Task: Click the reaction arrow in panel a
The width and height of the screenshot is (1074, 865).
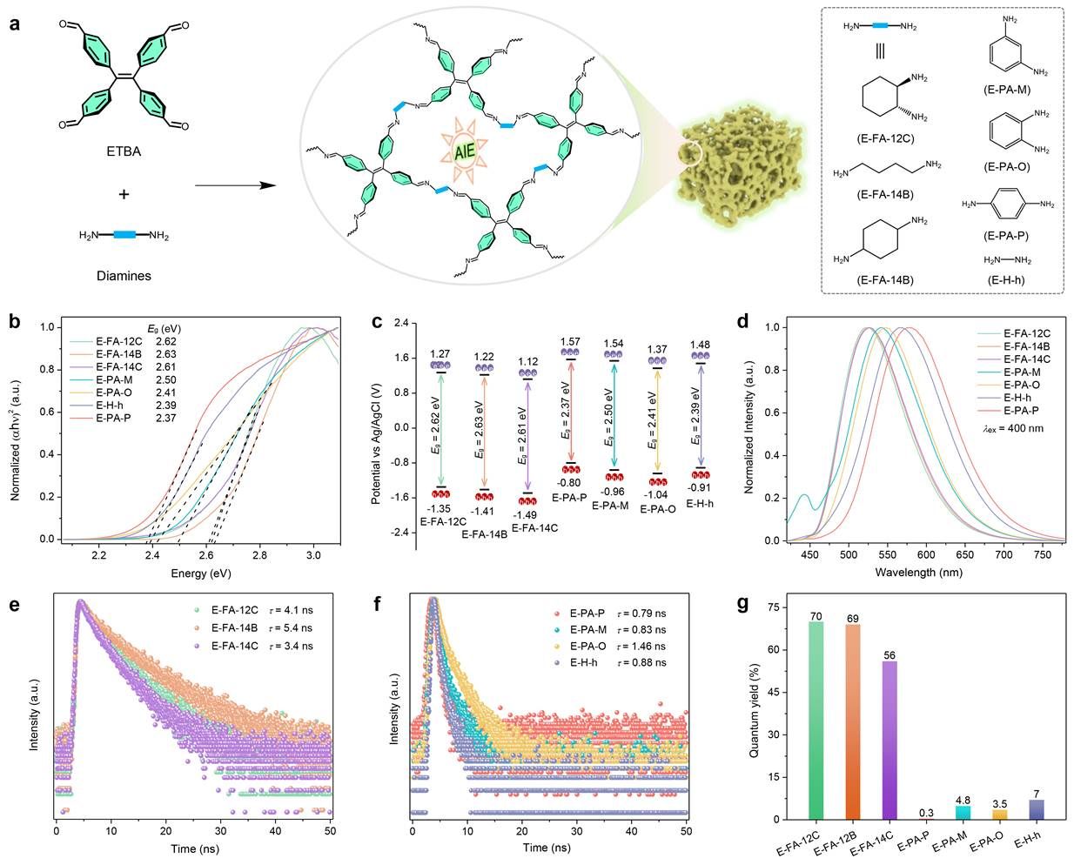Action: click(235, 185)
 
